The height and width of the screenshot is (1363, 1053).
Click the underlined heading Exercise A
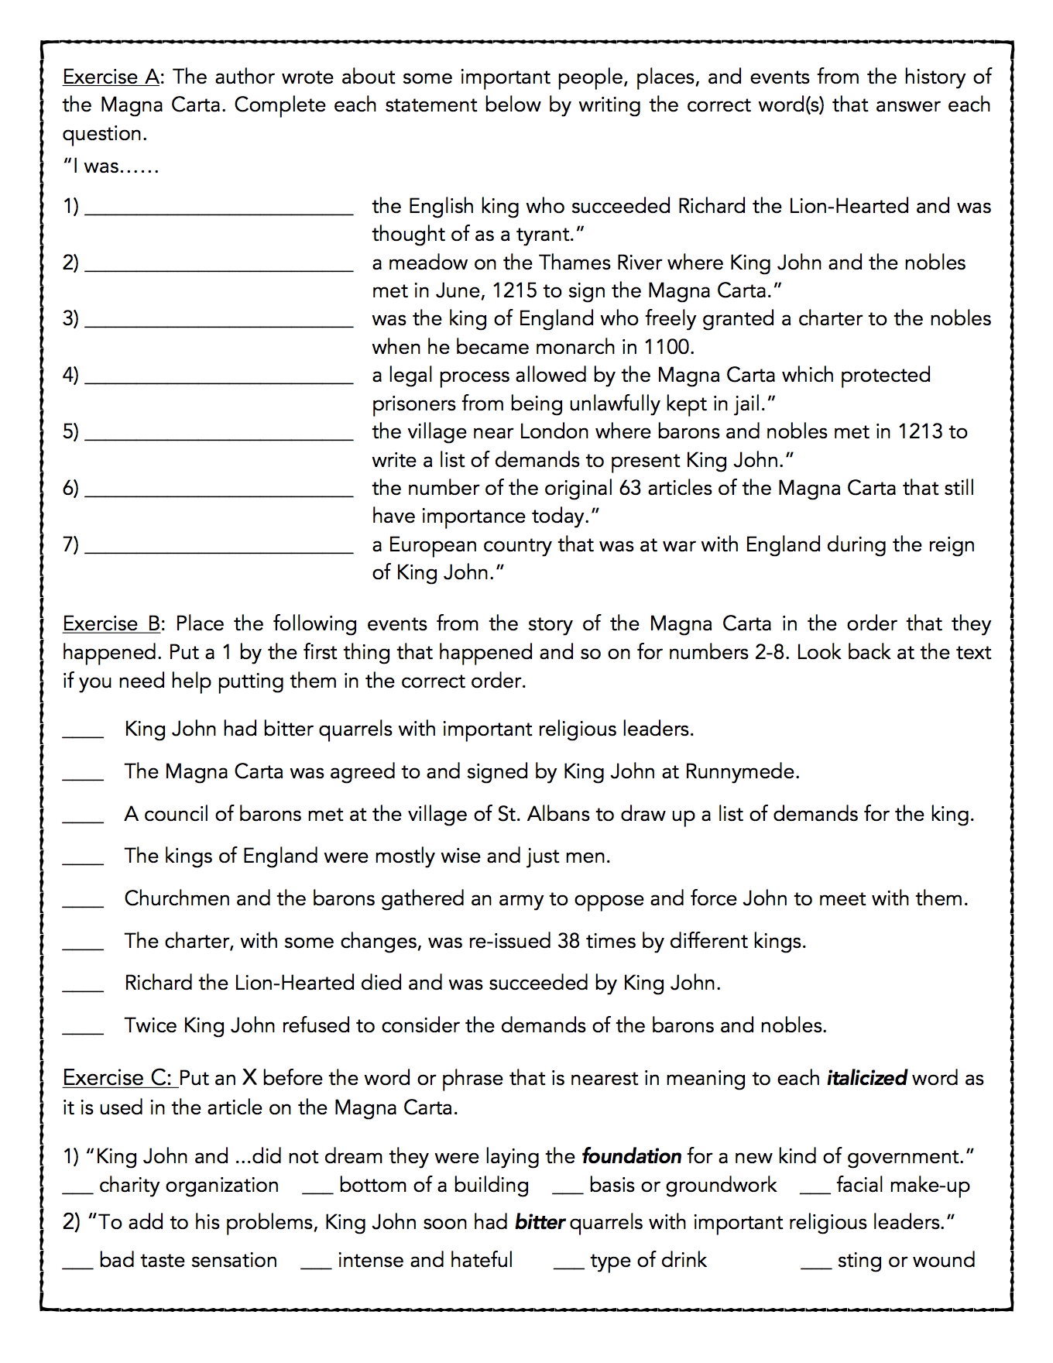(x=111, y=77)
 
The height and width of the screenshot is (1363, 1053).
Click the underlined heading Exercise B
(x=111, y=623)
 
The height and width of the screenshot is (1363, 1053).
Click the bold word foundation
(x=631, y=1156)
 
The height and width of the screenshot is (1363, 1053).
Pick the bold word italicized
(x=866, y=1078)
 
